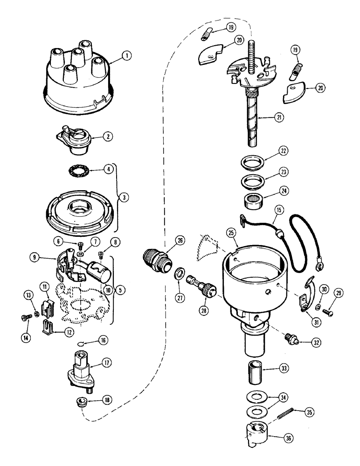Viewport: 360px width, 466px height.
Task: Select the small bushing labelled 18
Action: pos(82,401)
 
